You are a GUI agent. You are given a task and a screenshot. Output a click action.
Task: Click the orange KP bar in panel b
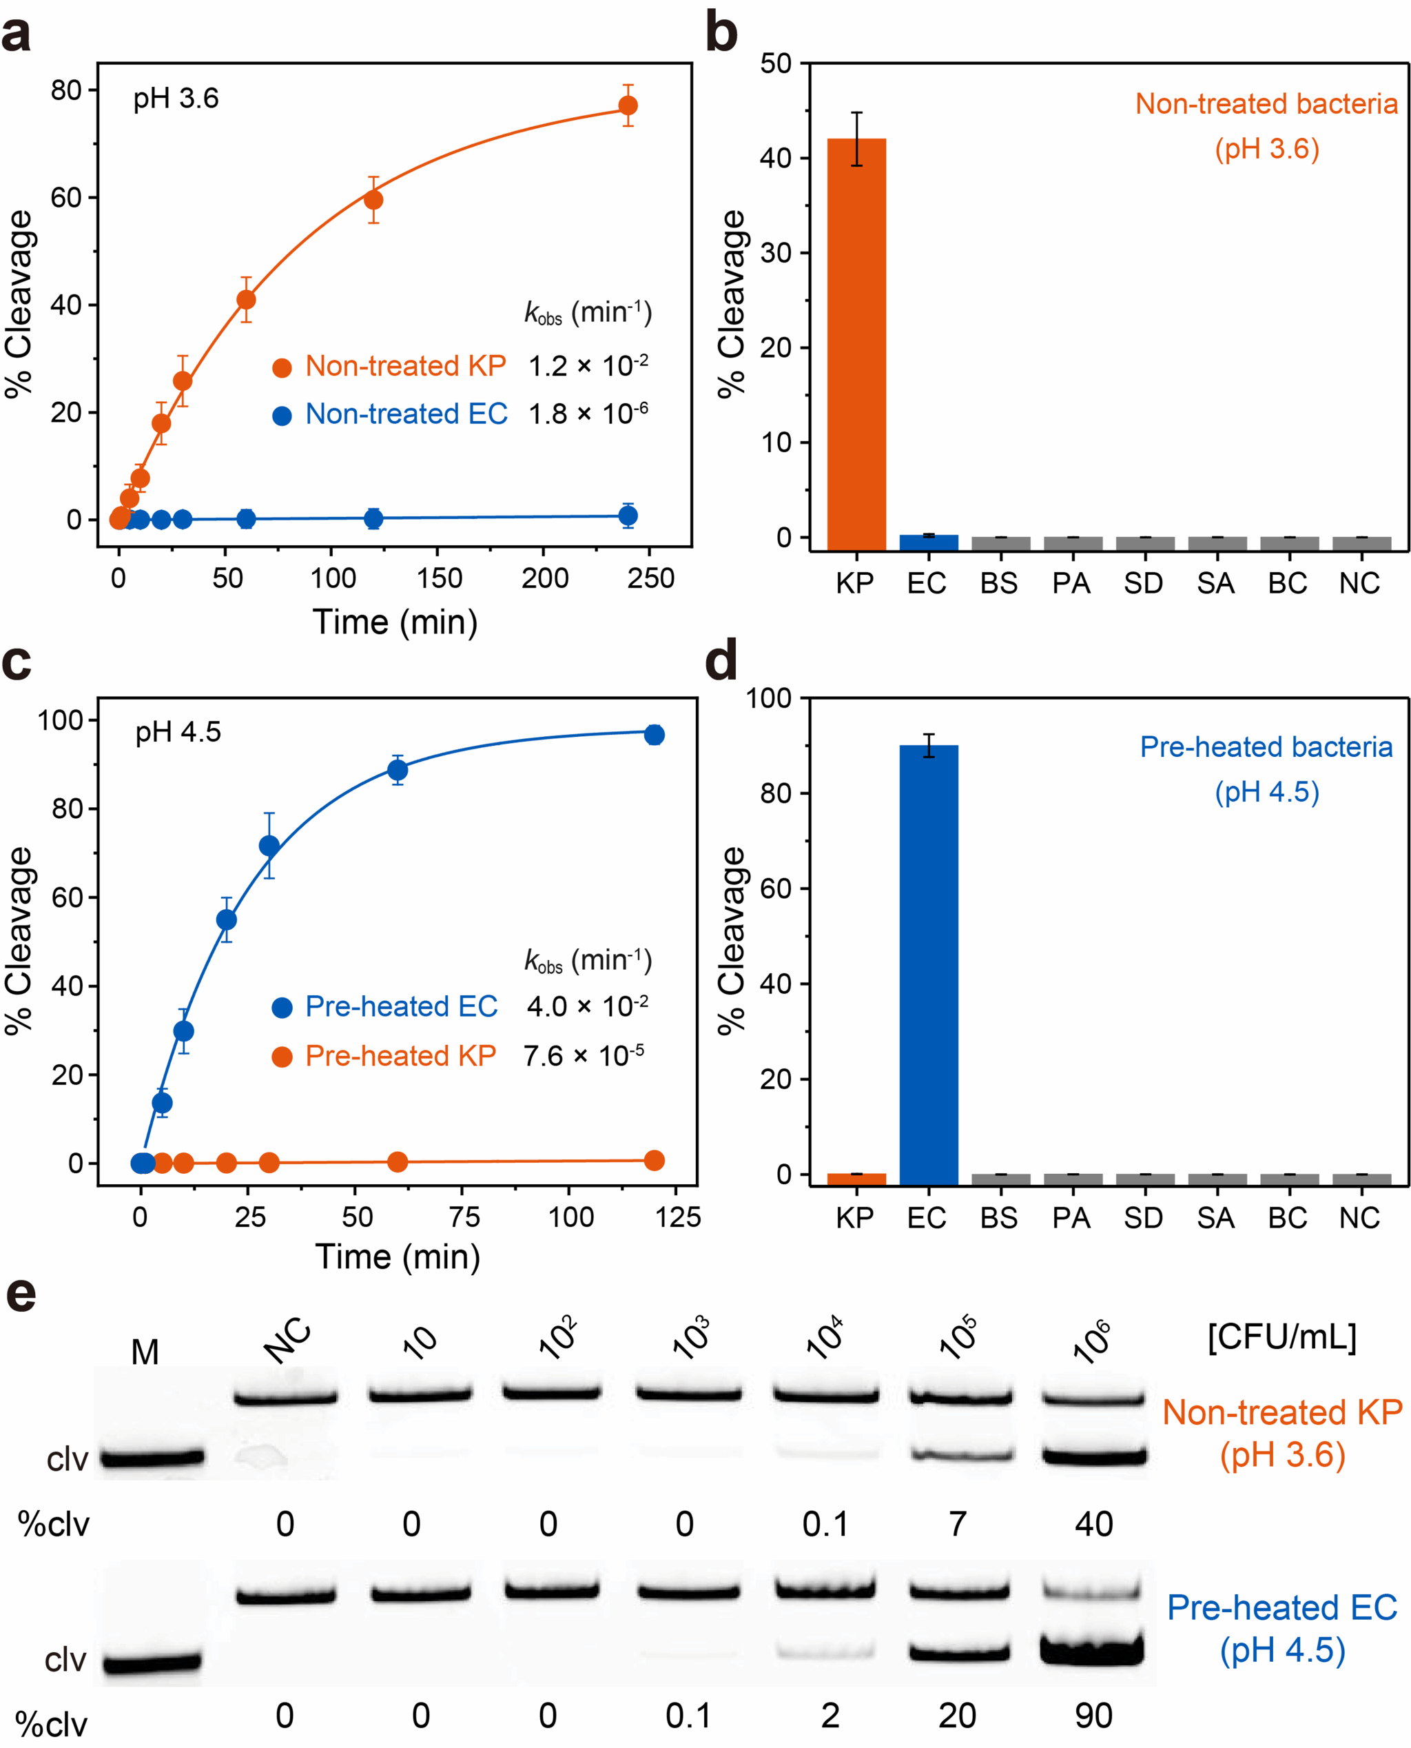pos(856,345)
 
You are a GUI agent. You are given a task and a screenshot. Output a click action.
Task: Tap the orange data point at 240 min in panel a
pos(628,105)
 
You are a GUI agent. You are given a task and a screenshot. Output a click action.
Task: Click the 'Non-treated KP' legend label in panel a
pos(406,366)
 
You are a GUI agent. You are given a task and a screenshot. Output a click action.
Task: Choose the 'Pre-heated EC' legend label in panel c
pos(402,1006)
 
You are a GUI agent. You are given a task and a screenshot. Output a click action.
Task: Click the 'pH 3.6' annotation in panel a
pos(176,99)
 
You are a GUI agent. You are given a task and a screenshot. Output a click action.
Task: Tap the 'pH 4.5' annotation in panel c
pos(178,733)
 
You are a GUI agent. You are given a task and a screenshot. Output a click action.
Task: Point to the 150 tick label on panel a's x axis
pos(440,578)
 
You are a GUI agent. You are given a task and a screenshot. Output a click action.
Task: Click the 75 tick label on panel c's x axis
pos(464,1217)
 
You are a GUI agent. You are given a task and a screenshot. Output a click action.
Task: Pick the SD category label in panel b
pos(1144,583)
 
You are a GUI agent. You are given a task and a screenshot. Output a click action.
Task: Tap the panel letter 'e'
pos(21,1294)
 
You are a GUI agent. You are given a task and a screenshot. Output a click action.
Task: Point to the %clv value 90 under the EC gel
pos(1094,1716)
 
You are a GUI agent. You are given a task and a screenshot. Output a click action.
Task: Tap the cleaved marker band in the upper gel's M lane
pos(152,1458)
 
